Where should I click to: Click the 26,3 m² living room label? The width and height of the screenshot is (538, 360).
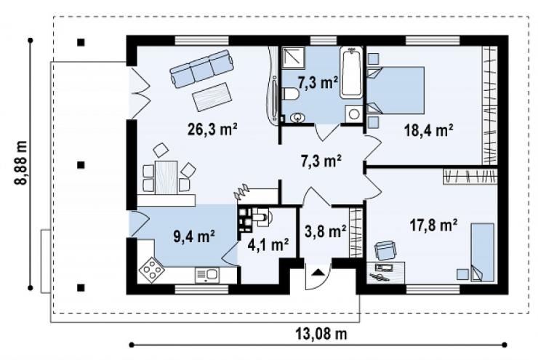click(213, 129)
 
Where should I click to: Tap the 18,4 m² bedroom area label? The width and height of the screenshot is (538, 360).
click(429, 130)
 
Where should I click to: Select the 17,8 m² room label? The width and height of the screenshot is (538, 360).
click(434, 225)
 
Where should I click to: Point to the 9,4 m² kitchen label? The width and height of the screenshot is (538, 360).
click(194, 236)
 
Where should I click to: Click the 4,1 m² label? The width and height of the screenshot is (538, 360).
click(268, 245)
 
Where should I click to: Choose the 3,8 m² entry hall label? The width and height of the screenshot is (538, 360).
click(325, 231)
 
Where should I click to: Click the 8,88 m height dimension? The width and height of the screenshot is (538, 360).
click(21, 164)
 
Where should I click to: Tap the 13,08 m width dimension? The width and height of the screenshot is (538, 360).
click(321, 333)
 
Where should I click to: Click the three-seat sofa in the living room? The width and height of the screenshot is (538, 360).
click(202, 68)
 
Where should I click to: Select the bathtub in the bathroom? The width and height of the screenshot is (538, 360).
click(351, 73)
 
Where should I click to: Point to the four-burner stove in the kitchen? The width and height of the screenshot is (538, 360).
click(151, 270)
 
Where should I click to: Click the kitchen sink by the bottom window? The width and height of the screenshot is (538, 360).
click(207, 275)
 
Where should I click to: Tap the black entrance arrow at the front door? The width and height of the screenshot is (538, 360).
click(318, 273)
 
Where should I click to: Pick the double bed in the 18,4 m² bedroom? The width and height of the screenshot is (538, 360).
click(396, 90)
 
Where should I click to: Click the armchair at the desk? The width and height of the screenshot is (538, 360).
click(385, 250)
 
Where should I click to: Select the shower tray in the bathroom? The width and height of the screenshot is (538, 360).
click(294, 57)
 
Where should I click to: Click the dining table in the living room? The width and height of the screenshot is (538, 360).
click(166, 177)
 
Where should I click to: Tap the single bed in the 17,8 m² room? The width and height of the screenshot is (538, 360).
click(483, 252)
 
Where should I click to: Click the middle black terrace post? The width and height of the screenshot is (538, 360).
click(81, 165)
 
